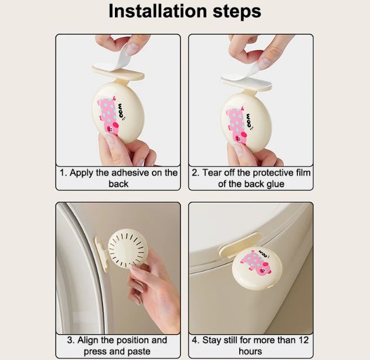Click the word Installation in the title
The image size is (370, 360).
(x=158, y=11)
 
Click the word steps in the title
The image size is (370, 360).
(x=237, y=12)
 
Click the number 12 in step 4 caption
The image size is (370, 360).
(x=304, y=340)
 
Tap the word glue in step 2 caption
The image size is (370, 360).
(x=276, y=184)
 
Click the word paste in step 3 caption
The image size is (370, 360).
(x=138, y=351)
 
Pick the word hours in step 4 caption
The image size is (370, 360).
(x=250, y=351)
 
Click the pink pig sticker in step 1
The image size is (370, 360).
(x=108, y=115)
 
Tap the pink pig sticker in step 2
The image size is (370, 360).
(x=237, y=125)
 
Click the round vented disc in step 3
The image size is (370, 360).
(x=126, y=248)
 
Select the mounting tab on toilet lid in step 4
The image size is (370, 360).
(x=239, y=244)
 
